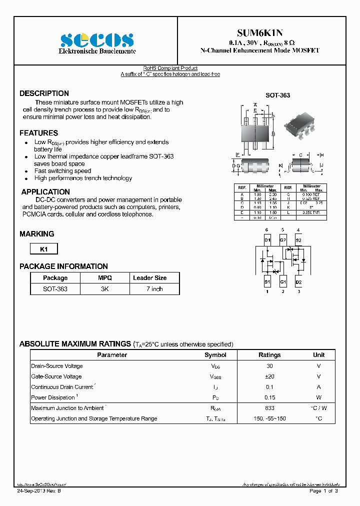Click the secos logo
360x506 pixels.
coord(97,40)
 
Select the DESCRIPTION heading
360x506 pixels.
coord(44,93)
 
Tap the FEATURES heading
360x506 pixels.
coord(38,133)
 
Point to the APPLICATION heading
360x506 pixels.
coord(45,192)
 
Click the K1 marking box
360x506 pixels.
coord(44,249)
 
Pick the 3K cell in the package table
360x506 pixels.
coord(104,289)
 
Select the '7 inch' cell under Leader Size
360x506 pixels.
coord(154,289)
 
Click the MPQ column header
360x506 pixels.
coord(104,278)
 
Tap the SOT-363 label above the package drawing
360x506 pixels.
coord(277,95)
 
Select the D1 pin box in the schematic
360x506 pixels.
coord(267,240)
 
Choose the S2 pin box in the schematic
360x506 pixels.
coord(298,240)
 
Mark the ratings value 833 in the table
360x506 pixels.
coord(269,408)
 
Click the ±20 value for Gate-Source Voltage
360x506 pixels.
coord(269,376)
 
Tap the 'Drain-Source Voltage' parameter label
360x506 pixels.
coord(56,366)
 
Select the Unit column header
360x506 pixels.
coord(318,355)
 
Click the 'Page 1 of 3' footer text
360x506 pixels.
coord(323,491)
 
